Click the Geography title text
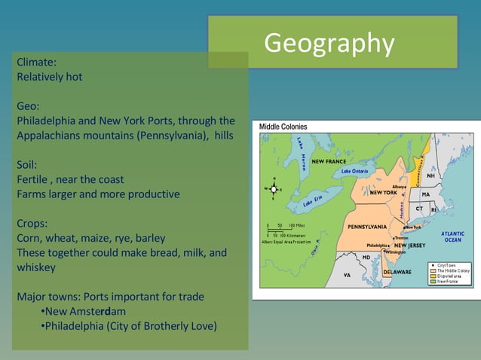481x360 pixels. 329,43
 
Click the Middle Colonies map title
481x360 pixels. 283,127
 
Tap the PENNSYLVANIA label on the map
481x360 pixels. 367,227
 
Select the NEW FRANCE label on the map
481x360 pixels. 329,161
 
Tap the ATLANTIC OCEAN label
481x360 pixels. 453,236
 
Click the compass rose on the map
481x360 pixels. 274,188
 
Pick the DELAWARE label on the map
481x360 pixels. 397,271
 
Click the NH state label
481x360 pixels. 430,175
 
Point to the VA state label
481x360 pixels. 347,276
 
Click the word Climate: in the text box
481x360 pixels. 36,63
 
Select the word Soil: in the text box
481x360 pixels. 27,164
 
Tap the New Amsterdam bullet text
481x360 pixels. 85,311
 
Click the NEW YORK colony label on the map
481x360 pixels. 383,193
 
